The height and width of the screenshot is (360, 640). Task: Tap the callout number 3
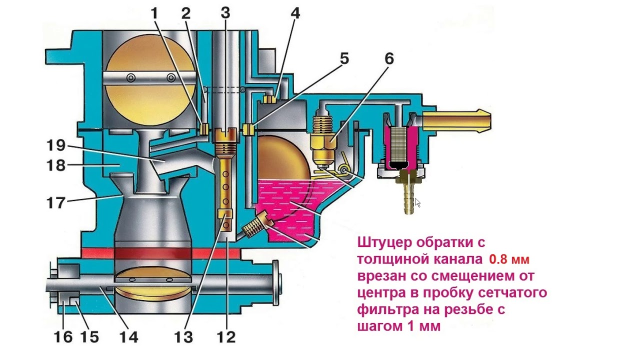point(225,13)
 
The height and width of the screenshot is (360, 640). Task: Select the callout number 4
point(295,13)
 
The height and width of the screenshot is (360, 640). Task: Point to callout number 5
point(344,59)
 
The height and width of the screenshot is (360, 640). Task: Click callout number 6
point(388,59)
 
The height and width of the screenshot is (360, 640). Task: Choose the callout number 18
point(56,165)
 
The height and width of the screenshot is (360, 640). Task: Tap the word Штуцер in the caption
point(388,243)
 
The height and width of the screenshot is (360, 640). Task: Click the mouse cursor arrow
point(417,202)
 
